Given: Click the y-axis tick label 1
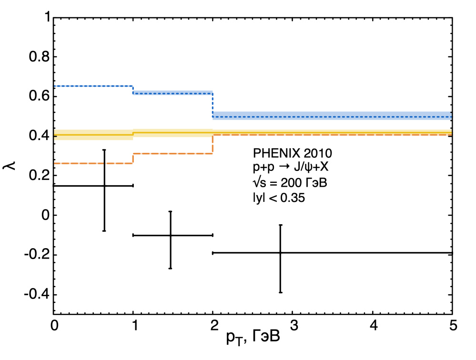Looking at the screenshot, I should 46,18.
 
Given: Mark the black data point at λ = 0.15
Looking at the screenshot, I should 104,185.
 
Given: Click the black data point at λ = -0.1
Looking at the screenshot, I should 170,235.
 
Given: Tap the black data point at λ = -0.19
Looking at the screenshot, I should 280,253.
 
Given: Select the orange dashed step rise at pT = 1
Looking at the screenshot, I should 133,158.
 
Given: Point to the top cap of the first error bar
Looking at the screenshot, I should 104,150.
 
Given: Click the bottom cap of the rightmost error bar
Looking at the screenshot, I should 280,292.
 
